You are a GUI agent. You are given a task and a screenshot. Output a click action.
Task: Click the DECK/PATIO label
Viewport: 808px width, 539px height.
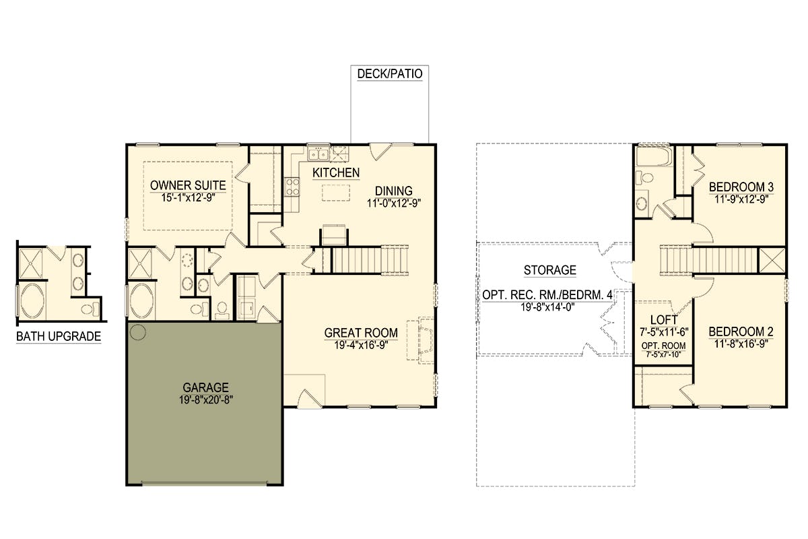click(x=390, y=73)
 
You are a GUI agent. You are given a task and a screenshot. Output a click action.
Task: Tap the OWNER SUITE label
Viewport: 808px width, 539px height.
click(x=188, y=185)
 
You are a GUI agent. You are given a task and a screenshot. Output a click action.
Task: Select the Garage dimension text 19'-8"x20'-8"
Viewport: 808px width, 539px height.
click(x=206, y=400)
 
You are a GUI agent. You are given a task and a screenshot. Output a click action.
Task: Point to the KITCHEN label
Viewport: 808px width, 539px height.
click(x=336, y=173)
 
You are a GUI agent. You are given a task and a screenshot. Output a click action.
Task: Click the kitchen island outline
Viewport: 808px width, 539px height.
click(x=336, y=193)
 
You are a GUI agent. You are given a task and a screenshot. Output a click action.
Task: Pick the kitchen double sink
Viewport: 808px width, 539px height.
click(x=318, y=154)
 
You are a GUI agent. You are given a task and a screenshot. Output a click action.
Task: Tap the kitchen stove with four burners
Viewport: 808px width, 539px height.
click(x=292, y=187)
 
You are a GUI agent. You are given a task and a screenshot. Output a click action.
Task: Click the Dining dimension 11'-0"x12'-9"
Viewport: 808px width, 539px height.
click(x=394, y=203)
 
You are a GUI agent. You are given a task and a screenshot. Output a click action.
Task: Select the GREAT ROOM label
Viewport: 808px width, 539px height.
click(x=361, y=333)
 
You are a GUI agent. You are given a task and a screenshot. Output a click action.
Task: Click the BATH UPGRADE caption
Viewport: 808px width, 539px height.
click(x=59, y=336)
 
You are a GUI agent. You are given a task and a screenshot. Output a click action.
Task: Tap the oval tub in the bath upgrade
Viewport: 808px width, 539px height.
click(x=32, y=300)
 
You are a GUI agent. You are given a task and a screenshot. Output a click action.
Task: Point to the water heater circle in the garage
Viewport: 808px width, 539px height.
click(x=137, y=332)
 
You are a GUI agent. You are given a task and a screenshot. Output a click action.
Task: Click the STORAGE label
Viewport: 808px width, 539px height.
click(x=549, y=270)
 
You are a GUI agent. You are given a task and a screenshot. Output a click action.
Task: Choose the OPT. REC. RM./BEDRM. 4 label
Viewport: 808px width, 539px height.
click(x=547, y=295)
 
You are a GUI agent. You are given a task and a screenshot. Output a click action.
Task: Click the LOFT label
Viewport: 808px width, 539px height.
click(x=664, y=320)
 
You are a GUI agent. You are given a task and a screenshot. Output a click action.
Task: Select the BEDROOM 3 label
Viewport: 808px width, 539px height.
click(x=741, y=187)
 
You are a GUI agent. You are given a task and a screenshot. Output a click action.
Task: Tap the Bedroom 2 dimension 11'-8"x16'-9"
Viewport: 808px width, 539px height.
click(x=741, y=344)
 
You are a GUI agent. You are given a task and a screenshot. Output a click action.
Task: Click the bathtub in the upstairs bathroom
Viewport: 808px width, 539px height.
click(x=654, y=156)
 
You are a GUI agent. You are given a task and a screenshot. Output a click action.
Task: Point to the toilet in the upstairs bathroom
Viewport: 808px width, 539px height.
click(x=644, y=178)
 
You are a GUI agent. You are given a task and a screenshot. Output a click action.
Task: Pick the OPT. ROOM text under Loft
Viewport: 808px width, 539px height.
click(x=663, y=346)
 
